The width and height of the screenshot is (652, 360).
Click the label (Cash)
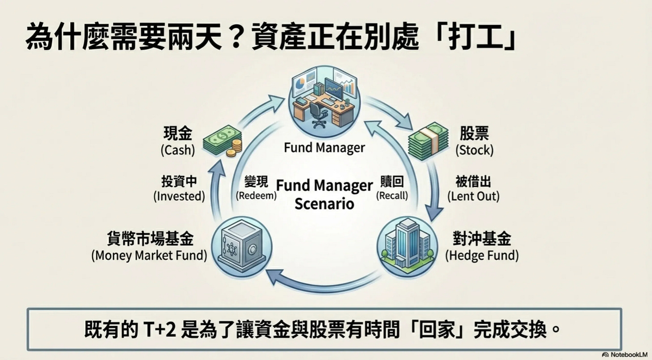pos(178,150)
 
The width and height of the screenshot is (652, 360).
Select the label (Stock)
pos(474,150)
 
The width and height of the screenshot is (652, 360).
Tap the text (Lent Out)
pos(473,196)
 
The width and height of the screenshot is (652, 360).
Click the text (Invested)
pos(179,196)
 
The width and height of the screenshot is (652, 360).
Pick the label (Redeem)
pos(256,196)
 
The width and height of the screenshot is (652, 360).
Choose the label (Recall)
pos(392,196)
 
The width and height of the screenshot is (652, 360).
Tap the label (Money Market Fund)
pos(149,256)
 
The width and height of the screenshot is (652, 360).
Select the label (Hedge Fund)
pos(481,256)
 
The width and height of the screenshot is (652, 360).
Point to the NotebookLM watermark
pos(626,355)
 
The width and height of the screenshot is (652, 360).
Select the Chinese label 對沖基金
pos(481,239)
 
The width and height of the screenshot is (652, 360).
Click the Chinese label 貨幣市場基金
pos(150,239)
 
